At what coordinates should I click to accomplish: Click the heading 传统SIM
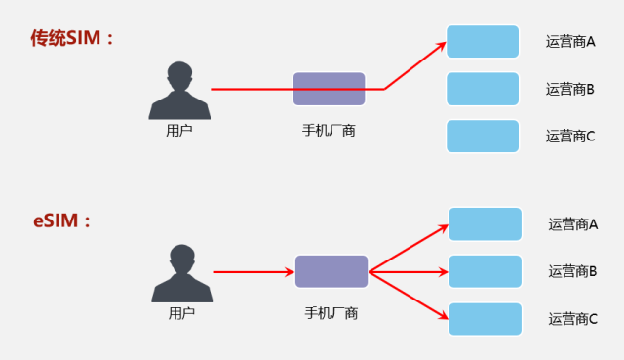click(x=72, y=38)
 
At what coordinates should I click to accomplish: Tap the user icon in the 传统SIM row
click(x=178, y=91)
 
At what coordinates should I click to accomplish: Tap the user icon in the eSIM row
click(x=181, y=272)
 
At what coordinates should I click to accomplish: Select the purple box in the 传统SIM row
click(x=330, y=89)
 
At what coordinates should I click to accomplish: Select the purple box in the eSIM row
click(x=331, y=271)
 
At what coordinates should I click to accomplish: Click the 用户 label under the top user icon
click(x=179, y=130)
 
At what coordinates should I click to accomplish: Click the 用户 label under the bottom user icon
click(x=181, y=313)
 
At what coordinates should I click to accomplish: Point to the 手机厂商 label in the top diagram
click(x=330, y=130)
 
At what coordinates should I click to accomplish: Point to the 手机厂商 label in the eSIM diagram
click(x=331, y=313)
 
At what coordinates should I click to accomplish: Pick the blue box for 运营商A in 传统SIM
click(x=483, y=42)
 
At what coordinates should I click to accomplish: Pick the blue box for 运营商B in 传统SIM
click(x=483, y=89)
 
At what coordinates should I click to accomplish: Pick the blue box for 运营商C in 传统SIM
click(x=483, y=136)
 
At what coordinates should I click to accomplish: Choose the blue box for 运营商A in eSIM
click(x=486, y=224)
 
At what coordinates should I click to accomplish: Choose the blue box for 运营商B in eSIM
click(x=486, y=271)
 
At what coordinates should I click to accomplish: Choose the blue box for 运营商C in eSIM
click(x=486, y=318)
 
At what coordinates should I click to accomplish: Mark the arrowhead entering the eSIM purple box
click(x=290, y=272)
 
